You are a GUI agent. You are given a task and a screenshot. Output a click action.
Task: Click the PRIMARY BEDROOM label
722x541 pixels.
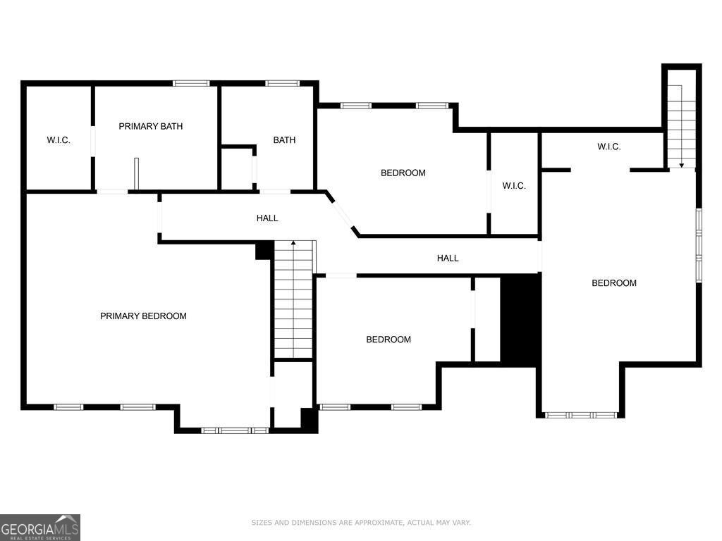tap(143, 316)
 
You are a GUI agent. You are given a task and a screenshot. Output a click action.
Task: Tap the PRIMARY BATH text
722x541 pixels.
tap(151, 126)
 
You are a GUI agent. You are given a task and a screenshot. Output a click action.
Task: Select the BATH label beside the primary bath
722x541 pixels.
tap(284, 140)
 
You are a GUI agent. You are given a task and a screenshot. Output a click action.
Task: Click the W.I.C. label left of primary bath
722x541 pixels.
tap(59, 140)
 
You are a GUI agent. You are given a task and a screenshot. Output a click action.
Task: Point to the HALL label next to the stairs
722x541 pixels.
tap(267, 218)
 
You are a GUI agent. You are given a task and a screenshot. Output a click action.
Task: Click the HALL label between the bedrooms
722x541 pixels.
tap(448, 258)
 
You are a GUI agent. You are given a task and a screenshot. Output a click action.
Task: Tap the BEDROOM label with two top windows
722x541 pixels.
tap(403, 173)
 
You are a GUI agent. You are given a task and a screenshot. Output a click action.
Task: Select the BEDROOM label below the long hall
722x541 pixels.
tap(388, 340)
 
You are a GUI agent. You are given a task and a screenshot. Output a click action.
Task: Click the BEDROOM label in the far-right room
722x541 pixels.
tap(614, 283)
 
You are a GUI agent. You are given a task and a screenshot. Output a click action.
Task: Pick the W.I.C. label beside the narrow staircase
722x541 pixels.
tap(608, 147)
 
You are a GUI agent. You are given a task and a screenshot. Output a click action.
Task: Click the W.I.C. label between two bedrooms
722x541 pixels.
tap(514, 186)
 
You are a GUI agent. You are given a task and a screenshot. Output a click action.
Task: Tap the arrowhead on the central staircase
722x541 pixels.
tap(293, 242)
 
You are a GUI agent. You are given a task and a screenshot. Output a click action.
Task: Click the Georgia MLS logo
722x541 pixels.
tap(40, 527)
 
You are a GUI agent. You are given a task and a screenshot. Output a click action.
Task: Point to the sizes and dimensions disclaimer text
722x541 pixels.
tap(361, 523)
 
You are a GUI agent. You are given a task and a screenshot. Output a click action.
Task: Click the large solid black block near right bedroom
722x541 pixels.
tap(519, 321)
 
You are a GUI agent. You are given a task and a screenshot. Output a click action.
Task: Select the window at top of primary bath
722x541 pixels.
tap(192, 83)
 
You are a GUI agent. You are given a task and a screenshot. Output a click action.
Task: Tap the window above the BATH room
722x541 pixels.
tap(282, 83)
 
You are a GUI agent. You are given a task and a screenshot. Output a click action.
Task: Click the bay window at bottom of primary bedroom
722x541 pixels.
tap(235, 430)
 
